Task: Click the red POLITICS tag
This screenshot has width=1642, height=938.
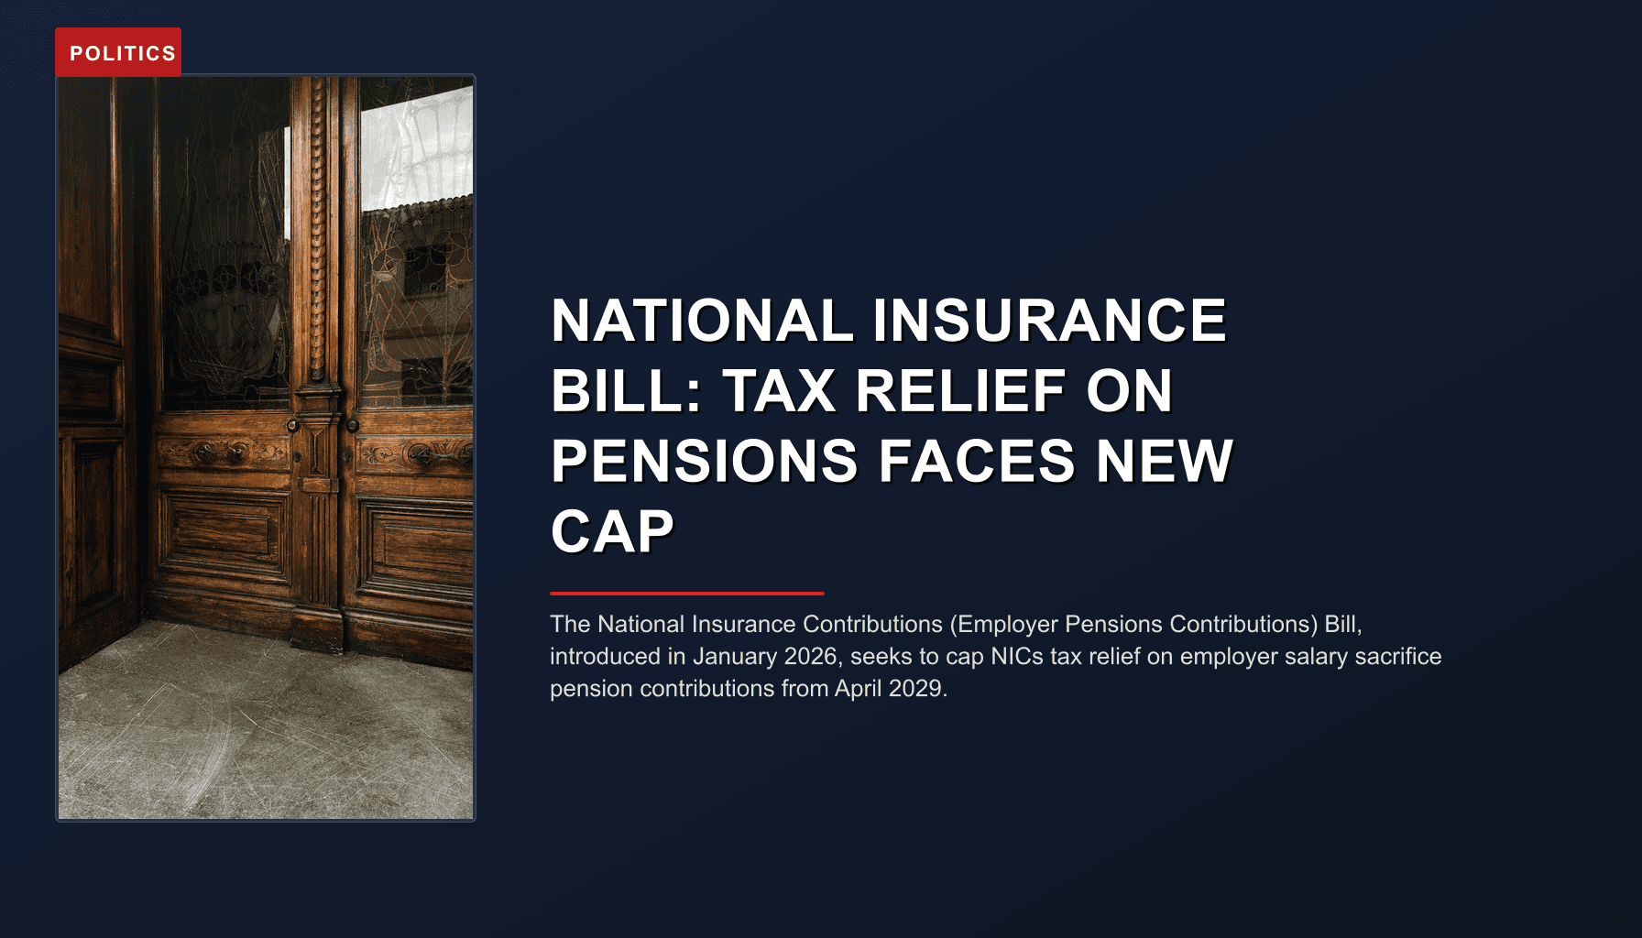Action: point(118,53)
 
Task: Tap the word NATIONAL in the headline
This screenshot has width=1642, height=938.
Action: point(702,321)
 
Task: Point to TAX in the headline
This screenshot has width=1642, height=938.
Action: point(779,391)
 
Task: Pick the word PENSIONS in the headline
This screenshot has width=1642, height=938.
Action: point(704,461)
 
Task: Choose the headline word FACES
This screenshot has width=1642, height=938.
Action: point(977,461)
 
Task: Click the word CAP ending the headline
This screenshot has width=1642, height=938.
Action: point(612,531)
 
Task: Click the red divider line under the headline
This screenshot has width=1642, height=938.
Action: point(686,594)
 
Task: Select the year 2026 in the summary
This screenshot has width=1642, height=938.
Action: point(810,657)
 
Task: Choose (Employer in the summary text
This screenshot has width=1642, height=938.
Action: point(1003,625)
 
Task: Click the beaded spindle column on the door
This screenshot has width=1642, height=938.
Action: point(318,229)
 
